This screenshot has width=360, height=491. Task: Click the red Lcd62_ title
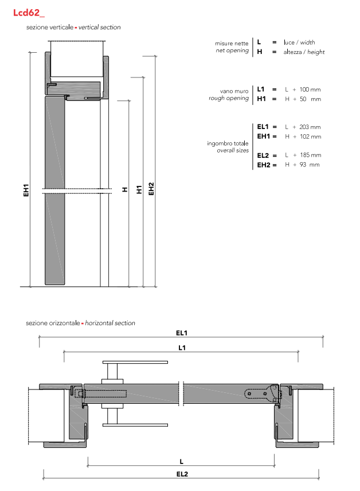pyautogui.click(x=29, y=13)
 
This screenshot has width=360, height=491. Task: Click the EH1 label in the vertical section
pyautogui.click(x=26, y=190)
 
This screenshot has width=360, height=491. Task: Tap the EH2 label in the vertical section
pyautogui.click(x=151, y=189)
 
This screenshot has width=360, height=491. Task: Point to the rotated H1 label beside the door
pyautogui.click(x=139, y=189)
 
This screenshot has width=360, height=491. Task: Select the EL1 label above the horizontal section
pyautogui.click(x=182, y=333)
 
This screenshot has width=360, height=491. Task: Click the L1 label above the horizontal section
pyautogui.click(x=182, y=348)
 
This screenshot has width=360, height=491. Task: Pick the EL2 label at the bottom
pyautogui.click(x=182, y=474)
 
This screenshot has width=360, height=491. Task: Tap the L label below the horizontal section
pyautogui.click(x=182, y=462)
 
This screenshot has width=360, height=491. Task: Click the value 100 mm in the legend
pyautogui.click(x=310, y=89)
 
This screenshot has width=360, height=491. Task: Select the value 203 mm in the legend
pyautogui.click(x=310, y=127)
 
